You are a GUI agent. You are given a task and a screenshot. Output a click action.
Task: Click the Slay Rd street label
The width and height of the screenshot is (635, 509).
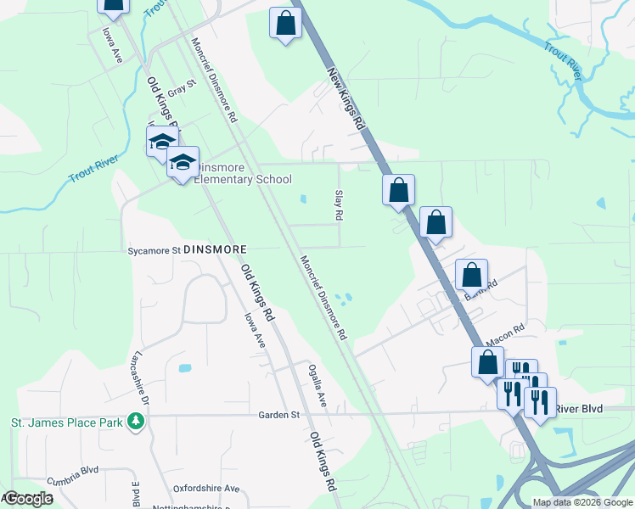click(x=338, y=205)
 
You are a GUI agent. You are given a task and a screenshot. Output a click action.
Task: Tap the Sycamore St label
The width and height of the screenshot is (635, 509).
click(x=154, y=250)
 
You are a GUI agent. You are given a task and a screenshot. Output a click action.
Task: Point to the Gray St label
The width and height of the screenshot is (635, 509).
click(x=182, y=86)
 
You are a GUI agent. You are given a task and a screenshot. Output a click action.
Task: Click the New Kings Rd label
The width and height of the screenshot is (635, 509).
click(x=346, y=99)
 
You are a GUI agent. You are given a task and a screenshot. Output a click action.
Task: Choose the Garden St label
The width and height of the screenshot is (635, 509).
click(x=279, y=415)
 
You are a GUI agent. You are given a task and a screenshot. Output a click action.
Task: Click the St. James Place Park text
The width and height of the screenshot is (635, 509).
click(x=65, y=421)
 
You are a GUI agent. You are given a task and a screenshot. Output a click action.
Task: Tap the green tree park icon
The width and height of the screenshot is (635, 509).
click(x=135, y=421)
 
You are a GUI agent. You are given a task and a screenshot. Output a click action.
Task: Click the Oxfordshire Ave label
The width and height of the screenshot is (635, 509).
click(x=207, y=489)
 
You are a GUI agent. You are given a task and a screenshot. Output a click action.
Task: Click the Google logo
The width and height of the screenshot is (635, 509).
click(x=28, y=499)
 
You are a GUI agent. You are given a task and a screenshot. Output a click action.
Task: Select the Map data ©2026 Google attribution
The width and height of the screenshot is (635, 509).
click(x=582, y=502)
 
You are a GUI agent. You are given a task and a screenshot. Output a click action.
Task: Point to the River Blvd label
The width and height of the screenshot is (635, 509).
click(x=580, y=409)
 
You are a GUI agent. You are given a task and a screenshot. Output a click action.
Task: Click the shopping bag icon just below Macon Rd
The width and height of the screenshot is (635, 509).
click(x=487, y=362)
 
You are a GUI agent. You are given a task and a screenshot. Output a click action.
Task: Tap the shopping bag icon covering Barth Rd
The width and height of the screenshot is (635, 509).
click(x=471, y=276)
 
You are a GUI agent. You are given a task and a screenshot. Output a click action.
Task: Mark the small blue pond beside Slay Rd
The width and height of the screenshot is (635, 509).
click(x=303, y=200)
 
